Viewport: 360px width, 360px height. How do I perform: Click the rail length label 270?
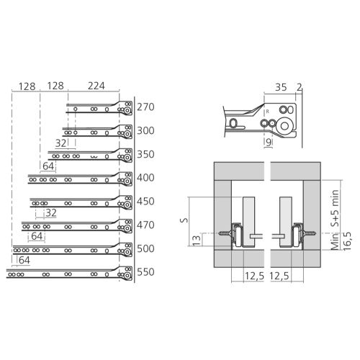tap(145, 107)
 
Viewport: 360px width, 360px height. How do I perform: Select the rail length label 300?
tap(145, 131)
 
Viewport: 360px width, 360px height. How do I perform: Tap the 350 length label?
tap(145, 154)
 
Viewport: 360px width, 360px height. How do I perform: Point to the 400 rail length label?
tap(145, 178)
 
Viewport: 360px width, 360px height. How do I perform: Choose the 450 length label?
tap(145, 202)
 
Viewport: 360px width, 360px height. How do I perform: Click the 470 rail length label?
tap(145, 225)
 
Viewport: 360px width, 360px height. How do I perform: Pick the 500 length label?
tap(145, 248)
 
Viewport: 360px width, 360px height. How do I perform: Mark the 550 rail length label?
tap(145, 272)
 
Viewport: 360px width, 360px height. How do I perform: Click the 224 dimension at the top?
tap(96, 86)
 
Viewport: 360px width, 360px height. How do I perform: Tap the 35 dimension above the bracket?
tap(281, 87)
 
